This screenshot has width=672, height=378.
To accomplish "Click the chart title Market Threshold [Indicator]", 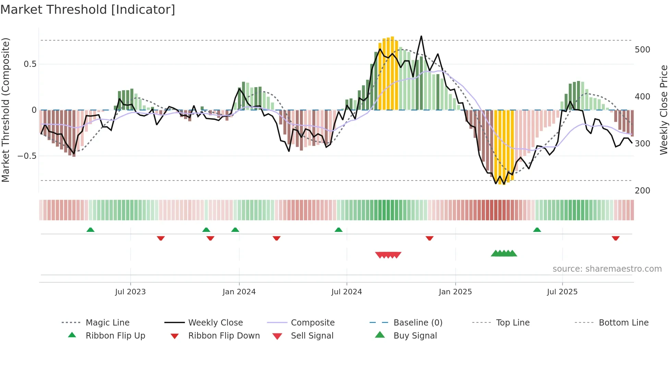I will [88, 10].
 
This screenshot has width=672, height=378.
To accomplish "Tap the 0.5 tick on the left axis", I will [30, 64].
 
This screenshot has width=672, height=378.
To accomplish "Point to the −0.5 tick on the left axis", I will [27, 156].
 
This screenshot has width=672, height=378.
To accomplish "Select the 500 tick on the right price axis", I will [642, 50].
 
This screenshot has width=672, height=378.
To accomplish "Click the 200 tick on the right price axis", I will [642, 191].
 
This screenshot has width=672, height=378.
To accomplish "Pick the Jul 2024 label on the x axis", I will [346, 292].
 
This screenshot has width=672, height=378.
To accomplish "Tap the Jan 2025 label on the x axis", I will [455, 292].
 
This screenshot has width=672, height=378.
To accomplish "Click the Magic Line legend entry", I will [107, 323].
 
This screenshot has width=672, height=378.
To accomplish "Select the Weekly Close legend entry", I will [215, 323].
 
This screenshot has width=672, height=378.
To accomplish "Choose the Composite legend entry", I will [312, 323].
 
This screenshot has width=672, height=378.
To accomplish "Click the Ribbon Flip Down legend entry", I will [224, 336].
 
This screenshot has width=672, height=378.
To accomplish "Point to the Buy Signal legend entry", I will [415, 336].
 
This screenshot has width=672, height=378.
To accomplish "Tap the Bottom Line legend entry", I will [623, 323].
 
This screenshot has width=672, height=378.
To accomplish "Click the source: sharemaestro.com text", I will [607, 269].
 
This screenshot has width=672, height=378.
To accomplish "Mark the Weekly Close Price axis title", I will [664, 110].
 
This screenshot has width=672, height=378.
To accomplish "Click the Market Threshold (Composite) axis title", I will [5, 110].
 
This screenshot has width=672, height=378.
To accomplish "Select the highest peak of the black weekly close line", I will [421, 36].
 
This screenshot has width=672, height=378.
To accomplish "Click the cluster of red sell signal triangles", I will [388, 255].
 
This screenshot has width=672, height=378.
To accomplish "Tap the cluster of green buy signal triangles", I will [504, 253].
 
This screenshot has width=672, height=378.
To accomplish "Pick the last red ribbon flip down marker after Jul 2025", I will [615, 238].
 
